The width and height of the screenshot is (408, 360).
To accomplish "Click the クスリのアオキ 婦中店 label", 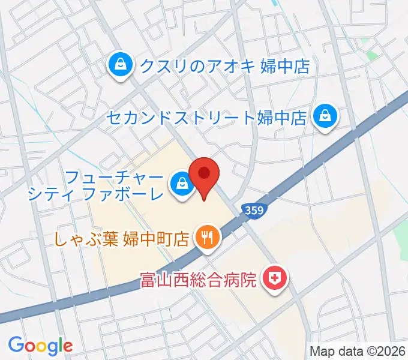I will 224,65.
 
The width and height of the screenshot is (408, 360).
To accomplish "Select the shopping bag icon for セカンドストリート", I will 325,116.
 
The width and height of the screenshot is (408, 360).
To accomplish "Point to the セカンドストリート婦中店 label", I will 208,116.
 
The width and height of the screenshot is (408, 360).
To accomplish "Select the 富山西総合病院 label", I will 198,279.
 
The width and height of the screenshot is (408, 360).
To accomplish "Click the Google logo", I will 40,346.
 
